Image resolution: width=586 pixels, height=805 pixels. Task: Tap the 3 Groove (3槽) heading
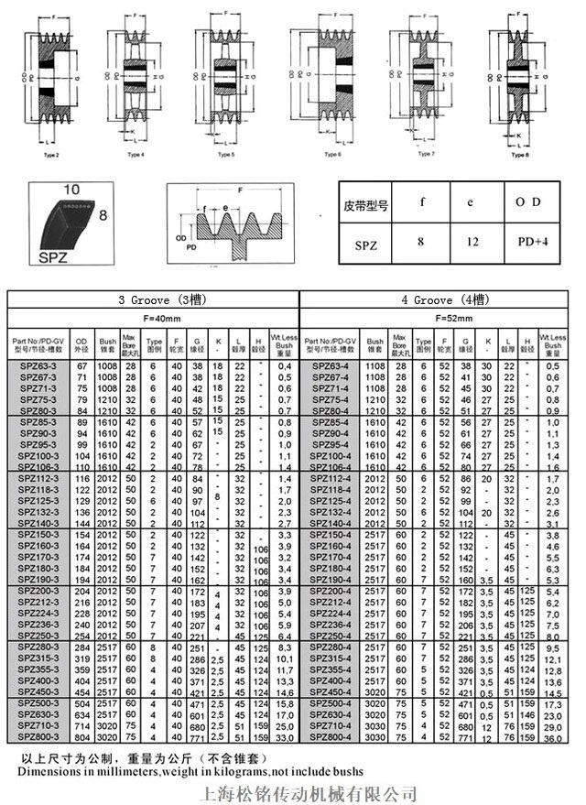pyautogui.click(x=153, y=299)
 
